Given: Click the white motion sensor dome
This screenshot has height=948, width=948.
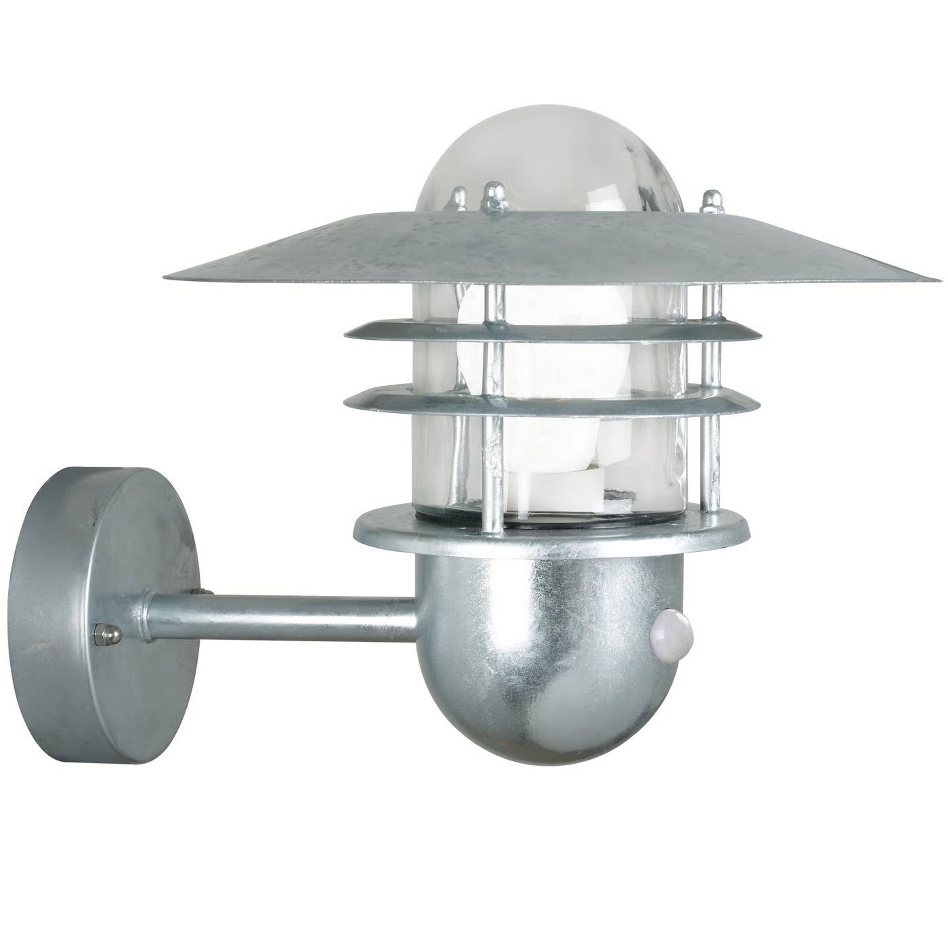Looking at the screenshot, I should [x=664, y=630].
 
